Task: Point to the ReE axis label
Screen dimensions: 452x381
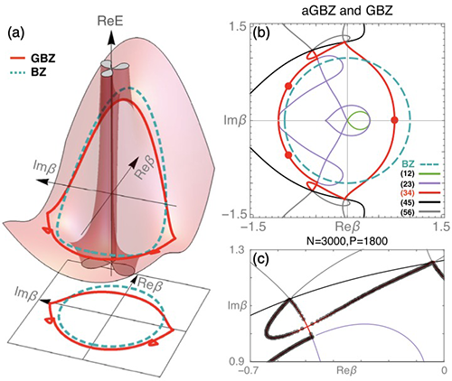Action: point(110,22)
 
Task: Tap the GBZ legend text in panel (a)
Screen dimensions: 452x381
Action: point(43,59)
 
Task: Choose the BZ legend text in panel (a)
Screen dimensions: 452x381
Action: point(39,72)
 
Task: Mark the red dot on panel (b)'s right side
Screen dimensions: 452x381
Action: point(395,120)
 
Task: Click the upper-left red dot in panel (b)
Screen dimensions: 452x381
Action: point(288,86)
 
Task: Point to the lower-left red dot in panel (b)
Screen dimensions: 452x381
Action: point(288,155)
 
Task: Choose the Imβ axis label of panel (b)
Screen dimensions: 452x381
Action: point(235,121)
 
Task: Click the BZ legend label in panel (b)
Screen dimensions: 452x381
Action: point(409,164)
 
